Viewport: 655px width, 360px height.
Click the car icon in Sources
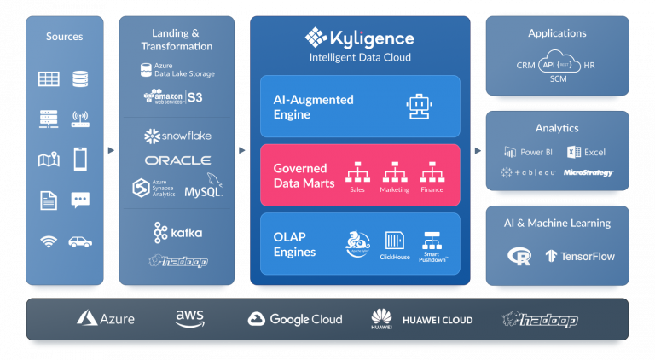[x=80, y=241]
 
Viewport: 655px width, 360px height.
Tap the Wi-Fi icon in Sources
[x=49, y=241]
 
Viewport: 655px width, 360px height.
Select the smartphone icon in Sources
[x=80, y=159]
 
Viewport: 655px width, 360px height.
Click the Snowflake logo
[x=177, y=136]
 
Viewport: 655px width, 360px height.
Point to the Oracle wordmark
[x=177, y=160]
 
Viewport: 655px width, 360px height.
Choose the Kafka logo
[x=178, y=232]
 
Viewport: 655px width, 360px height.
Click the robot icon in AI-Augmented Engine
[x=418, y=107]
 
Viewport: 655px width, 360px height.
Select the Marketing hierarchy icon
[x=394, y=172]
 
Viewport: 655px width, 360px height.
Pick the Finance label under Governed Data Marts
[x=432, y=189]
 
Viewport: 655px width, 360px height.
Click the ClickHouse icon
[x=394, y=241]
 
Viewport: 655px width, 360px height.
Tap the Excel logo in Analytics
[x=586, y=152]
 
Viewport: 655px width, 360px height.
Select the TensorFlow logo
[x=580, y=256]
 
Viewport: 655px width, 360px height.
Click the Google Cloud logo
[x=295, y=319]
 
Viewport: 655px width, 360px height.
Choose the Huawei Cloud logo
[x=421, y=320]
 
